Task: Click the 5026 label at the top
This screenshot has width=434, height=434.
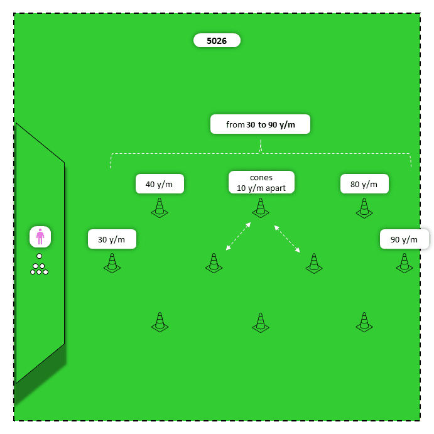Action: (217, 41)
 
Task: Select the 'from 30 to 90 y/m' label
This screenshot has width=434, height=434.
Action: (260, 124)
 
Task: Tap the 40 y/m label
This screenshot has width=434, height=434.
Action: (160, 184)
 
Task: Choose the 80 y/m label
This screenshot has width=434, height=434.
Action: (364, 184)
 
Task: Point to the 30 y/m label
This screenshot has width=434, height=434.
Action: (112, 239)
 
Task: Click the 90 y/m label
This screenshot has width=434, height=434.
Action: (404, 239)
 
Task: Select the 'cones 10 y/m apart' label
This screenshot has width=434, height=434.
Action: (261, 183)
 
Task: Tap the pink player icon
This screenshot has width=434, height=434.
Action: (40, 237)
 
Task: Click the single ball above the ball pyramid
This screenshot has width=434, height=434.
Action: (39, 256)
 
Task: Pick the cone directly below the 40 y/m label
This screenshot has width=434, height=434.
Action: (160, 209)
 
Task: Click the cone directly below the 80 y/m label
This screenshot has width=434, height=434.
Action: (364, 209)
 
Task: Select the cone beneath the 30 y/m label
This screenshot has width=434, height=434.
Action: (112, 263)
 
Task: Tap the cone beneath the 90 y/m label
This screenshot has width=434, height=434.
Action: (404, 263)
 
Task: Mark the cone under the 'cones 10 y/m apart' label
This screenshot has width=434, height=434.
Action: (261, 209)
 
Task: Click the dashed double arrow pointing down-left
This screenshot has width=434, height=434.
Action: (239, 236)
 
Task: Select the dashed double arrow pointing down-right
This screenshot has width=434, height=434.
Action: (286, 239)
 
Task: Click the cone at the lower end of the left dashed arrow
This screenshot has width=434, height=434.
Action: (214, 263)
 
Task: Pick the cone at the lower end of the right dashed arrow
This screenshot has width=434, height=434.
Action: (314, 263)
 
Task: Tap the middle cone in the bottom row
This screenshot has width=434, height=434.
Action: (261, 323)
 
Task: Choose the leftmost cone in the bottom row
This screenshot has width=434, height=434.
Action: (160, 323)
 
